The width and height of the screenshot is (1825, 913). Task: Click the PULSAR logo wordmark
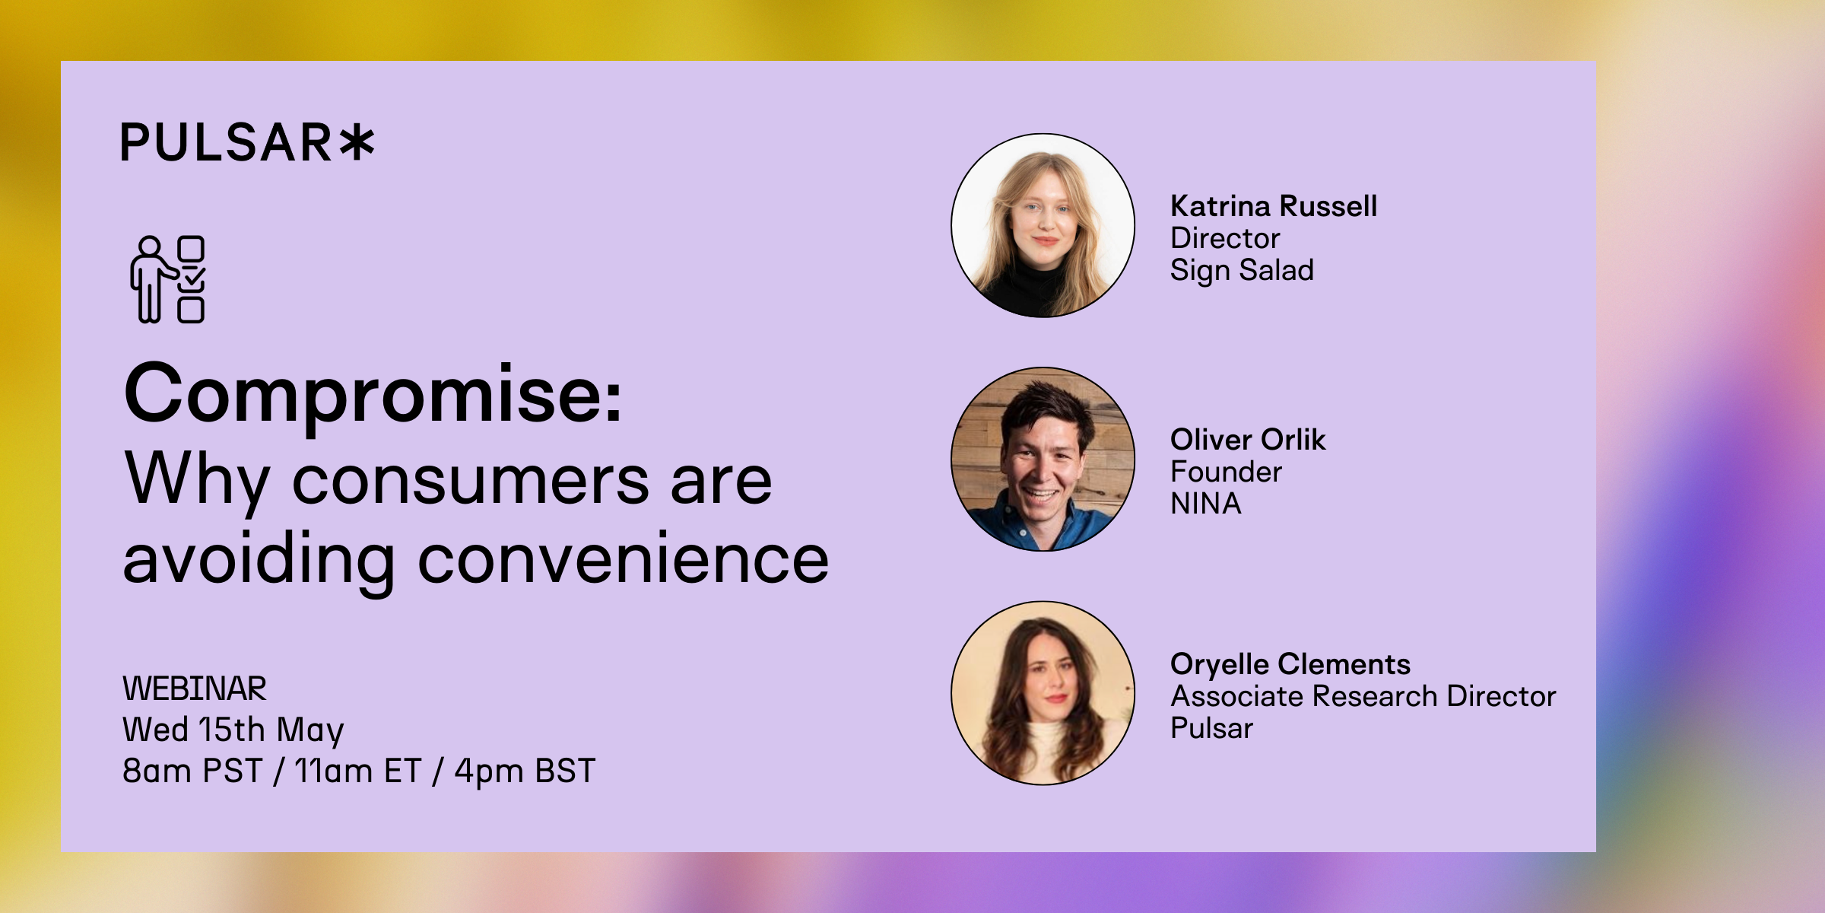(248, 143)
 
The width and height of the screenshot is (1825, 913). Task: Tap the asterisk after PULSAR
(357, 143)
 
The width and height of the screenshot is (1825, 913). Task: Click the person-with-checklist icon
(167, 279)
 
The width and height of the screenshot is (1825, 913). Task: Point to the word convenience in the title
(624, 559)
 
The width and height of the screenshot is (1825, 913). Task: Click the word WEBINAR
(195, 689)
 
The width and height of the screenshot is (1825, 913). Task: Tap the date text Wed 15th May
(233, 730)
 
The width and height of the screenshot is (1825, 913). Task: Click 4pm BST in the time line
(525, 771)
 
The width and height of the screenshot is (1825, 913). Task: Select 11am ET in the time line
(357, 771)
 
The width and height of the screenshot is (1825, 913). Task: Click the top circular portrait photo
(1043, 225)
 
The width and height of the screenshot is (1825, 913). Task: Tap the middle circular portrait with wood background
(1043, 460)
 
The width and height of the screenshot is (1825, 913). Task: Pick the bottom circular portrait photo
(1043, 693)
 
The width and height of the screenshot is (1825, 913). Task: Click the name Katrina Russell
(1274, 206)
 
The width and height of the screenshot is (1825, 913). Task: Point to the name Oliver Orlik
(1248, 440)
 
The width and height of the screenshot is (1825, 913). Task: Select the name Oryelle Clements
(1290, 664)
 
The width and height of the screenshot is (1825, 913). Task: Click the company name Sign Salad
(1242, 271)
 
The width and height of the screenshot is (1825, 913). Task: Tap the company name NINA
(1206, 504)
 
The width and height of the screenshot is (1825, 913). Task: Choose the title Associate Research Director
(1363, 696)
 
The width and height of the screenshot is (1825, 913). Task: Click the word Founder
(1226, 472)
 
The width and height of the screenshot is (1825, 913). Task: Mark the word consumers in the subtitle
(471, 481)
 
